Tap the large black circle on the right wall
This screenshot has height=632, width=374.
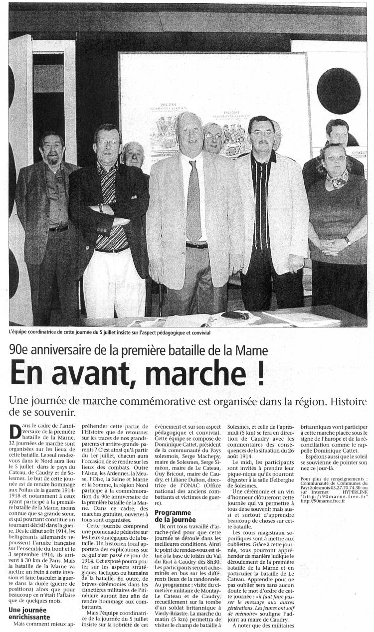pyautogui.click(x=339, y=91)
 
